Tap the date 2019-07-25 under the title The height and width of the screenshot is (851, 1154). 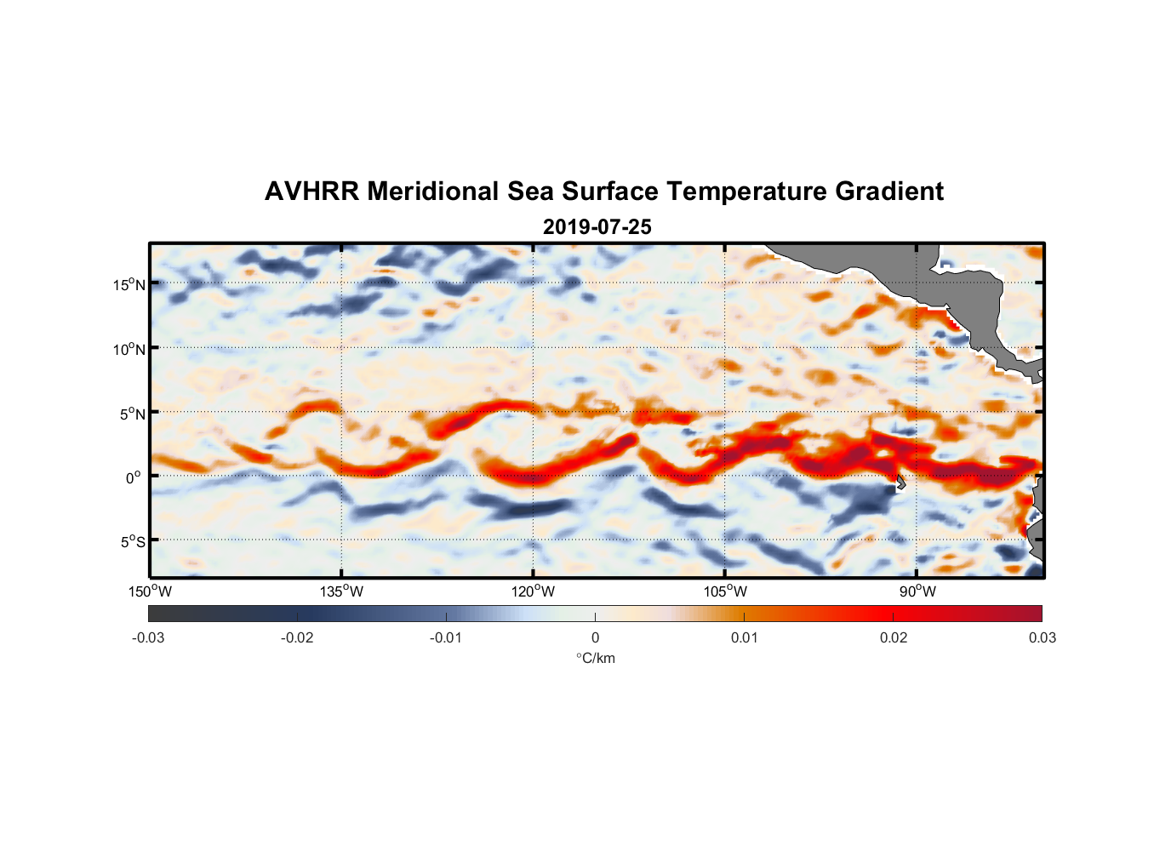(597, 227)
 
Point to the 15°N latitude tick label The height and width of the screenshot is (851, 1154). (129, 284)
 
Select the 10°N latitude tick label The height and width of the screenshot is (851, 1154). (129, 349)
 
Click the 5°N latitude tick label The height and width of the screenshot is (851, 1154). (133, 414)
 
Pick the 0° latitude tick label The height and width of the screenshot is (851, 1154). (134, 477)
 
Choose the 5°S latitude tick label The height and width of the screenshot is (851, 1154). (133, 542)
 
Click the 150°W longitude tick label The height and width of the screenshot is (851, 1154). (150, 591)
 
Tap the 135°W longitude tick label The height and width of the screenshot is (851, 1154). (341, 591)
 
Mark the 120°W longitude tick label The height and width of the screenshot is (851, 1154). (533, 591)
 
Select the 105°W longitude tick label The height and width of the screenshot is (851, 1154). (725, 591)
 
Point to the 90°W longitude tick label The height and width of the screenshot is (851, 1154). (917, 591)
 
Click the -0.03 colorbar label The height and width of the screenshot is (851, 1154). (148, 638)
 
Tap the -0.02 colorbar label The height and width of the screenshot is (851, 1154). (297, 638)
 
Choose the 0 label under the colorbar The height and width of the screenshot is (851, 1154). (595, 638)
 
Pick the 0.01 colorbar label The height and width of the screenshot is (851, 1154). (744, 638)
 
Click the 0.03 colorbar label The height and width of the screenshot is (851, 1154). (1042, 638)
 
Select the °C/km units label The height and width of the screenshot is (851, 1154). (595, 658)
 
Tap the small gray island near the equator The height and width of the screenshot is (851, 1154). (900, 483)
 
